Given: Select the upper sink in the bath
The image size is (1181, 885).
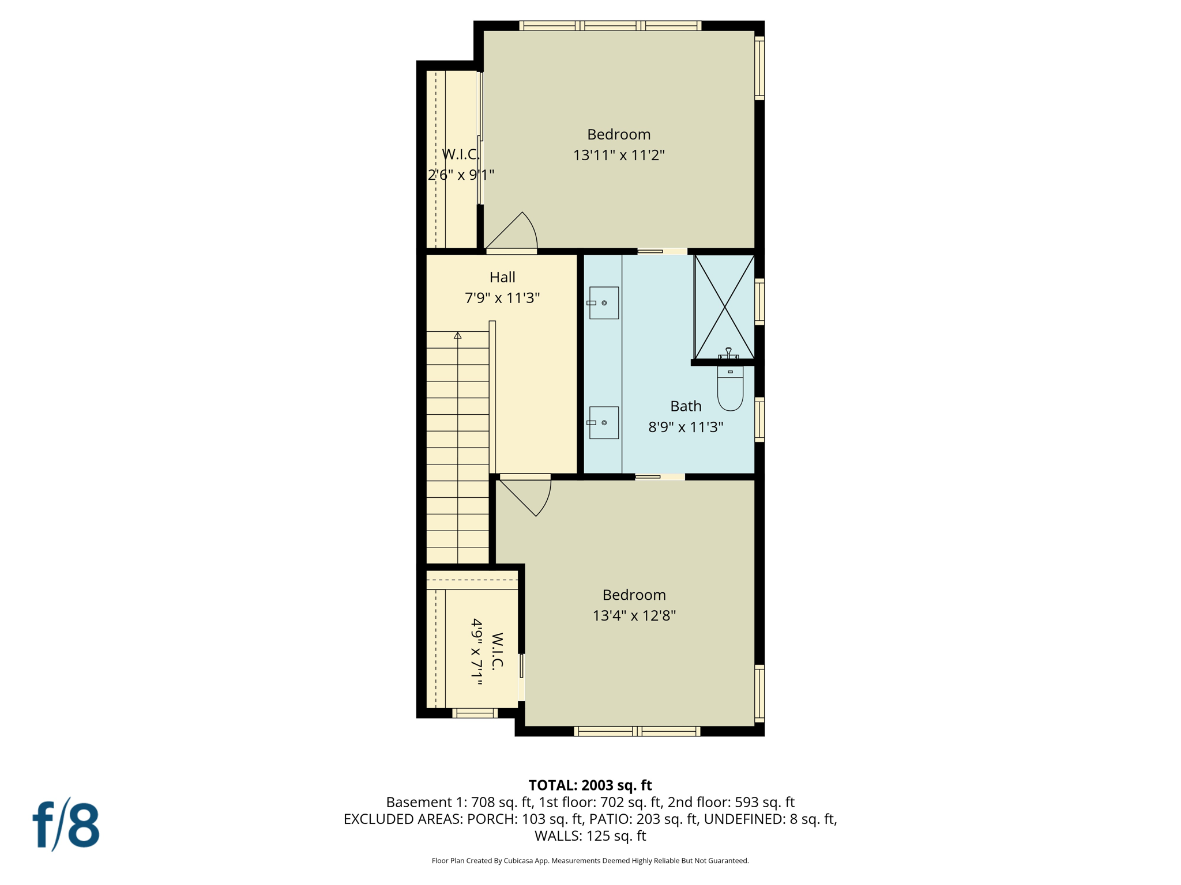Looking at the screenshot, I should click(604, 303).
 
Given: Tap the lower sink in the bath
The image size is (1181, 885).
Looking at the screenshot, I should click(604, 423).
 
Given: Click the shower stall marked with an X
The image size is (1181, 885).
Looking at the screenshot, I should click(724, 308).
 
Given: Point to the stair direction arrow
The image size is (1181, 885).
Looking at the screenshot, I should click(458, 335).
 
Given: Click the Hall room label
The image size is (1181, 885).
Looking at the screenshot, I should click(502, 278).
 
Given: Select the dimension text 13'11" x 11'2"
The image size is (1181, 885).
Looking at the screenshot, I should click(619, 156).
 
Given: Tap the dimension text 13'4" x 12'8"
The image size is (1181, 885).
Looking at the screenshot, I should click(634, 616).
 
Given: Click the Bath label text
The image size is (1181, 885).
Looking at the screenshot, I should click(686, 407).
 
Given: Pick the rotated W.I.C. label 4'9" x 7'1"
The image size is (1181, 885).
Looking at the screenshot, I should click(486, 652).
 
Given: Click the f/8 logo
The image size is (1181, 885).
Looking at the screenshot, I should click(66, 825).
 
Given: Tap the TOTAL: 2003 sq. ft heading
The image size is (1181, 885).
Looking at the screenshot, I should click(590, 785).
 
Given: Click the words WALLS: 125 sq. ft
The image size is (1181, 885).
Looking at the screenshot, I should click(590, 836).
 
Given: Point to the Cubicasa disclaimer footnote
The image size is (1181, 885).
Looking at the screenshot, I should click(590, 861).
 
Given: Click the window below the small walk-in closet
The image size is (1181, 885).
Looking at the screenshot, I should click(475, 713).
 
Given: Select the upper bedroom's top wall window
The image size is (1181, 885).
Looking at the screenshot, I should click(610, 25).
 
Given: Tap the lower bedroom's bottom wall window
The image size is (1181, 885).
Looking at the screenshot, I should click(637, 731).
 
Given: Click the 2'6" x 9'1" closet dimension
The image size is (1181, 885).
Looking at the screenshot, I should click(461, 175).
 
